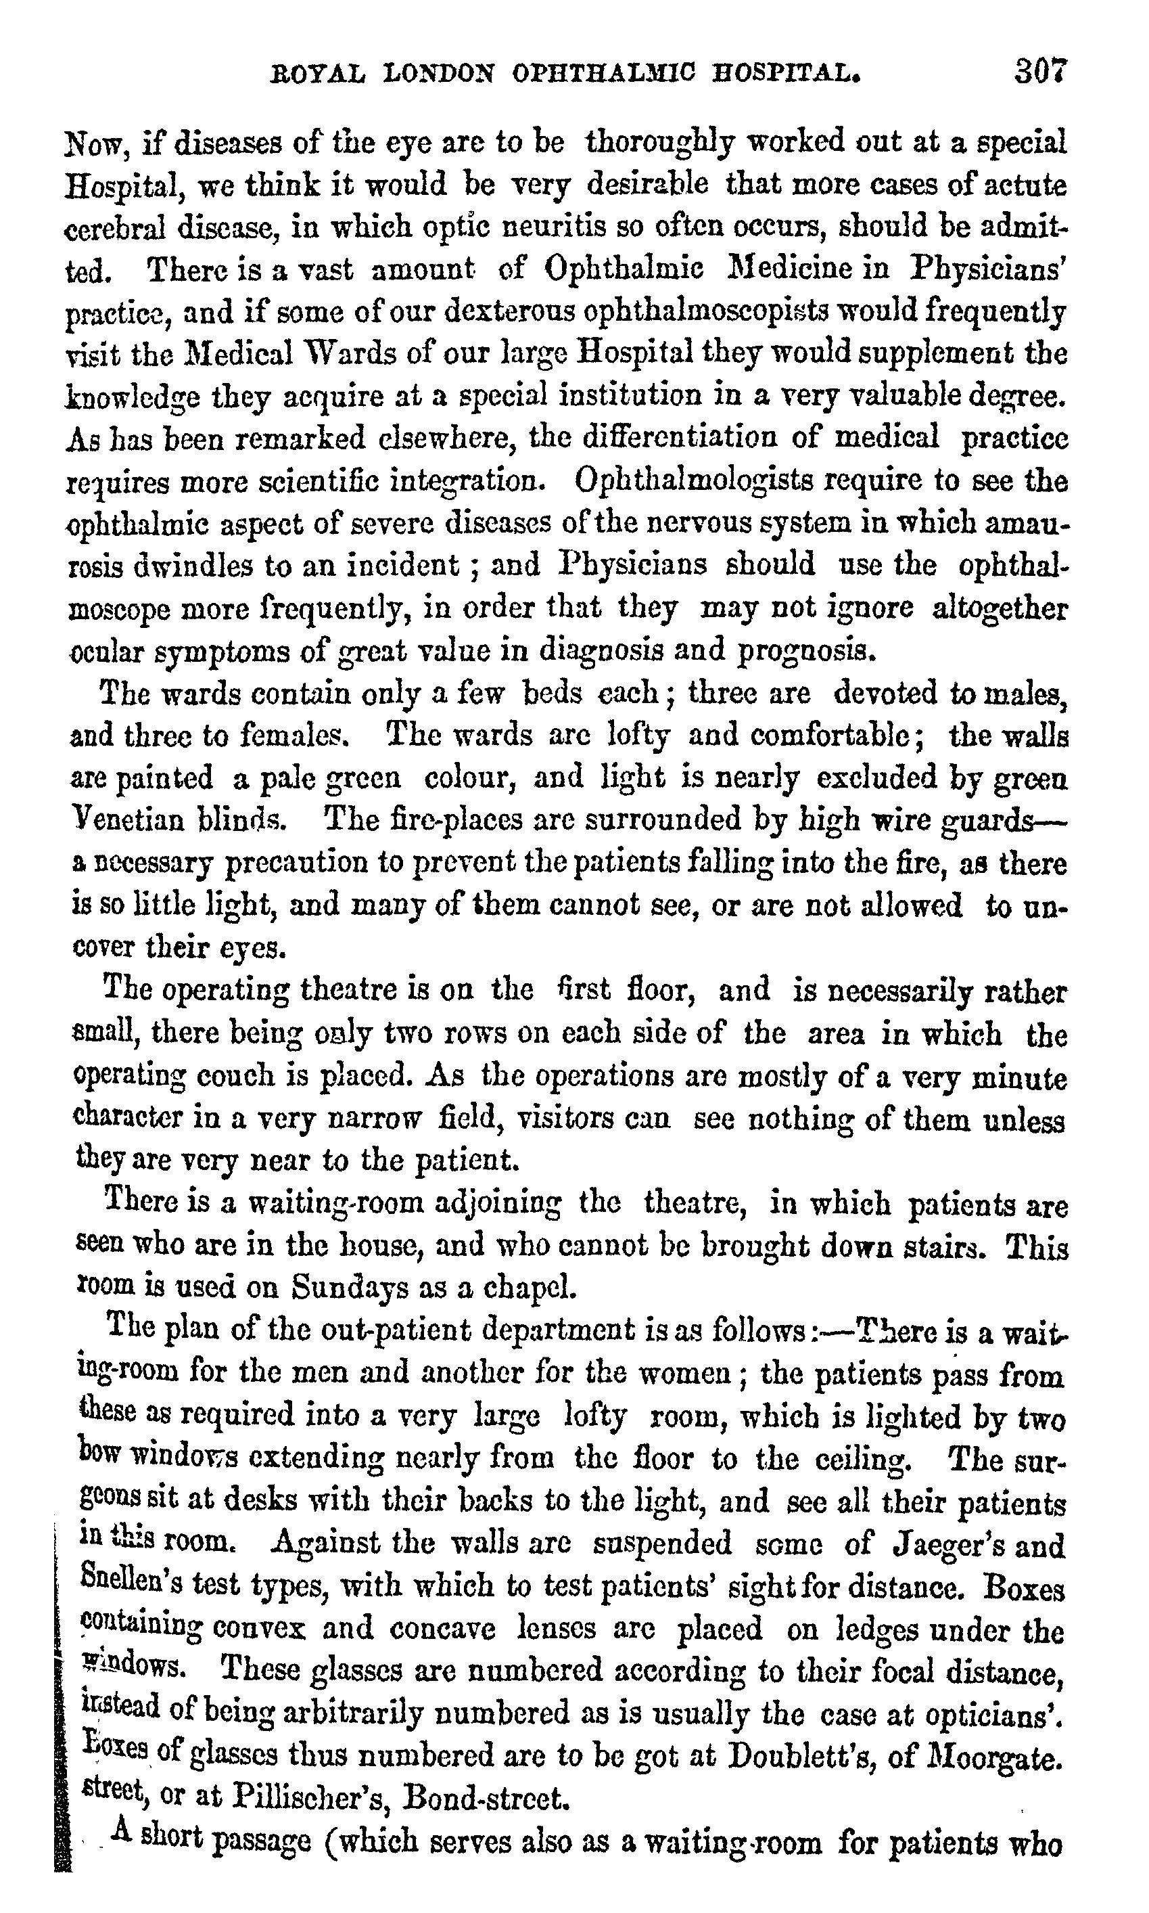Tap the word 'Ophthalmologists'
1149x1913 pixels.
[695, 482]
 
